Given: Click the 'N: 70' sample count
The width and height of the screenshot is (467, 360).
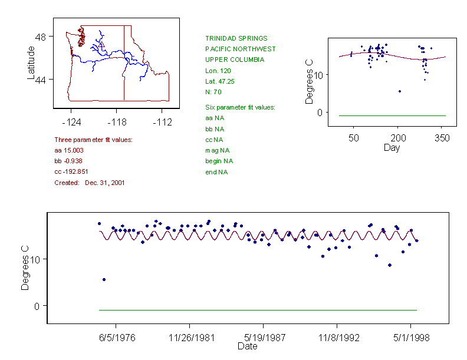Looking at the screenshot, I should click(x=213, y=92).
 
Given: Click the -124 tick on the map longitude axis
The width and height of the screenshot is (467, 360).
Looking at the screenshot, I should click(x=71, y=123).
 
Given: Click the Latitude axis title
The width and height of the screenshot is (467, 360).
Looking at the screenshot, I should click(x=31, y=63).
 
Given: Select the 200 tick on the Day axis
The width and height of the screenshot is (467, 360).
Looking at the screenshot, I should click(x=397, y=138).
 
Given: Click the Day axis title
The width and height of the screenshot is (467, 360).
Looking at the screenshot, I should click(x=392, y=147).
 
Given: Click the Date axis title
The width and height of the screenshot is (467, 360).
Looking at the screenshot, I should click(x=247, y=346).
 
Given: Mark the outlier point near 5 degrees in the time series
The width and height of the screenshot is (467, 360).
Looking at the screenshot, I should click(x=104, y=279).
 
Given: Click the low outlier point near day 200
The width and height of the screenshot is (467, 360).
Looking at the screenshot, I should click(x=400, y=91).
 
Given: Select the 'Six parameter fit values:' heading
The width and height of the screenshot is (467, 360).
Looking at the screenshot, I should click(x=240, y=107).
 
